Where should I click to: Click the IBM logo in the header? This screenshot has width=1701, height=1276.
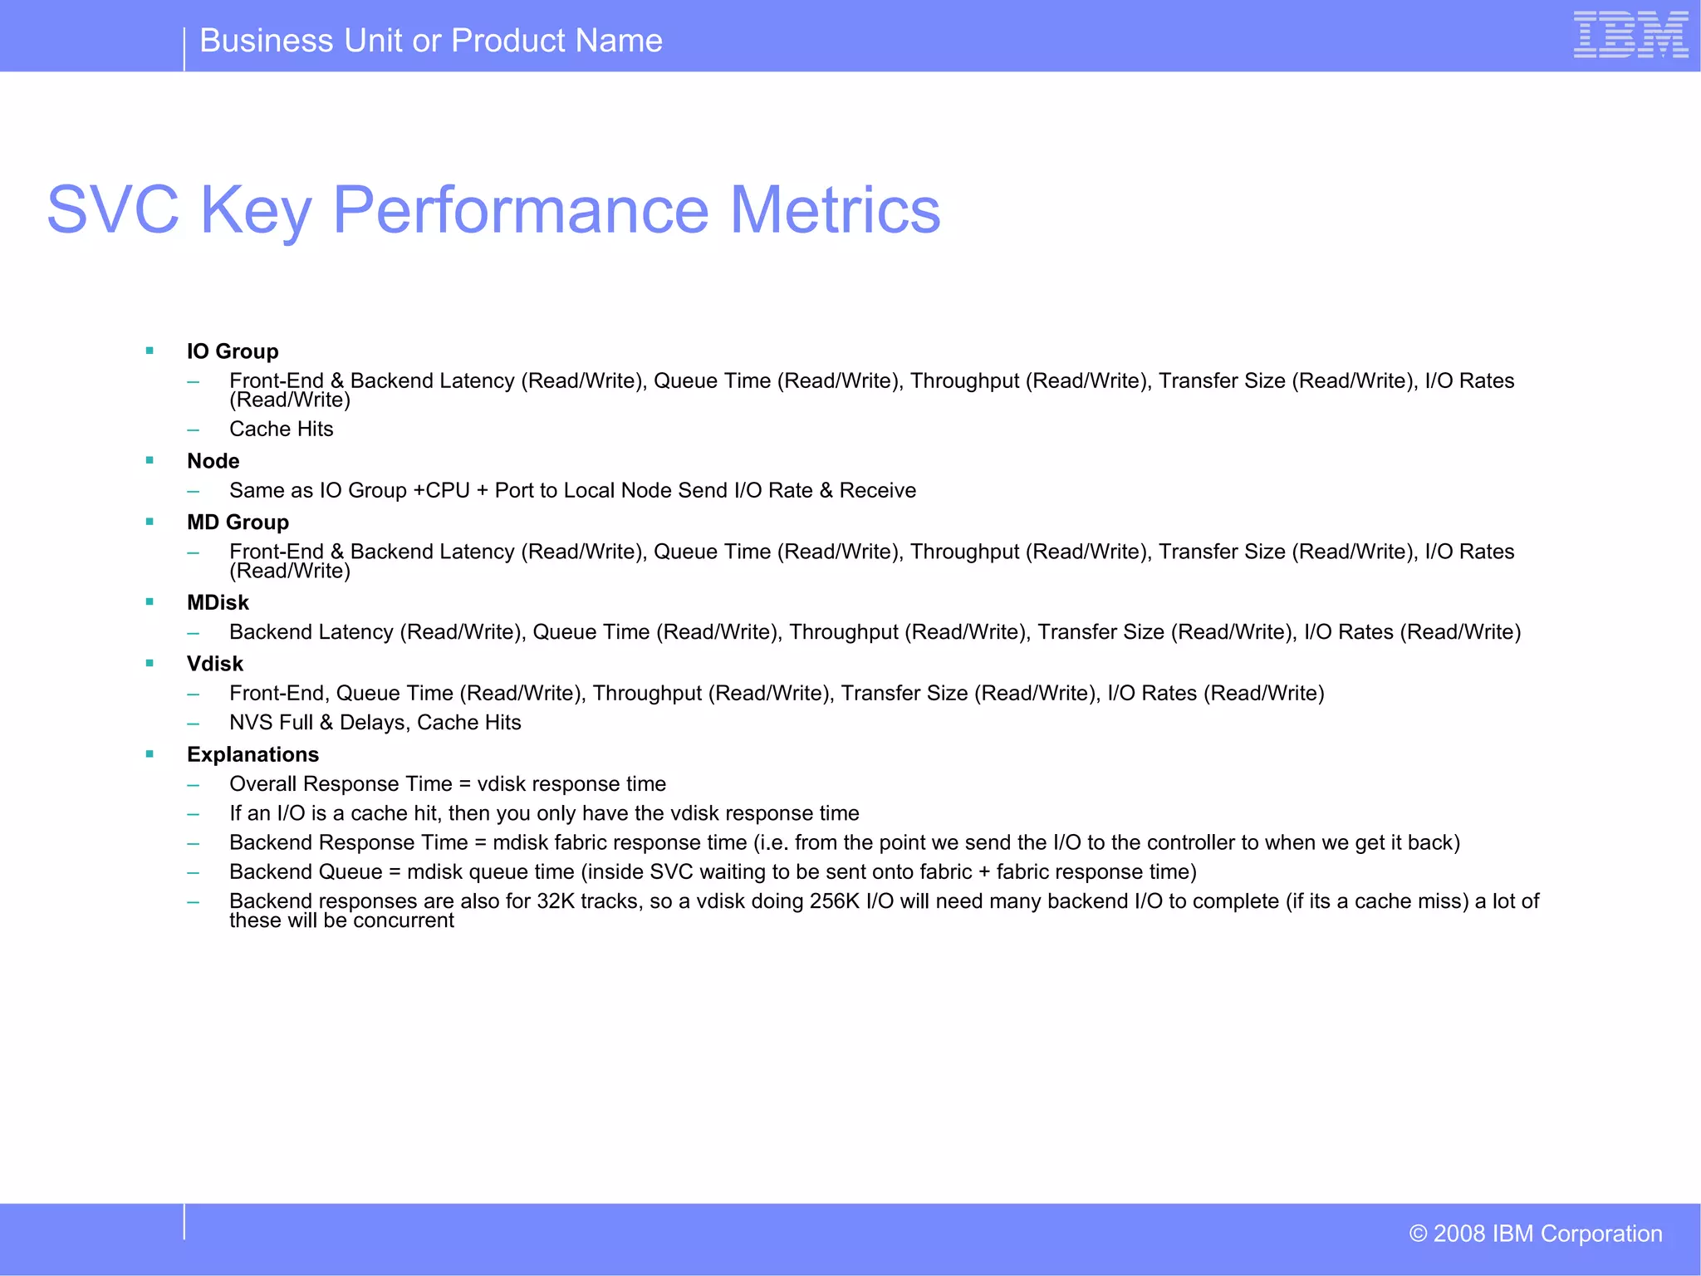(1630, 35)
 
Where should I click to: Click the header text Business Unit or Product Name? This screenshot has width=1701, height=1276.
(431, 41)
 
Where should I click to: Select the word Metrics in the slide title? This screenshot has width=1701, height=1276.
(835, 210)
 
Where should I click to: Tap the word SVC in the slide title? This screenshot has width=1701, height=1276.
(113, 210)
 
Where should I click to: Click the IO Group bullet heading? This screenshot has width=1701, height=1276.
(233, 351)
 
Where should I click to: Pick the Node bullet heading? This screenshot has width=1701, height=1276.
(213, 461)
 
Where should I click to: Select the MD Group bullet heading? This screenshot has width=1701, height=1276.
(238, 523)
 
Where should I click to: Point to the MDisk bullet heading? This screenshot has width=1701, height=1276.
(218, 602)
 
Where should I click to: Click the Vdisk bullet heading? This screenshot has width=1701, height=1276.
(215, 664)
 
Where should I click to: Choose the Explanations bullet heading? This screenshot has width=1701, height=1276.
(252, 754)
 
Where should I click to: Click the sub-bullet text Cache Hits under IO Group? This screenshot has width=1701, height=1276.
(281, 429)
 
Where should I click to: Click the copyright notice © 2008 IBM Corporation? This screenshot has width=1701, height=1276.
(1535, 1234)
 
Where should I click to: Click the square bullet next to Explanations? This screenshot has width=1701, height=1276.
(150, 754)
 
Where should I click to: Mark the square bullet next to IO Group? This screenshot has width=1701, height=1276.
(150, 351)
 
